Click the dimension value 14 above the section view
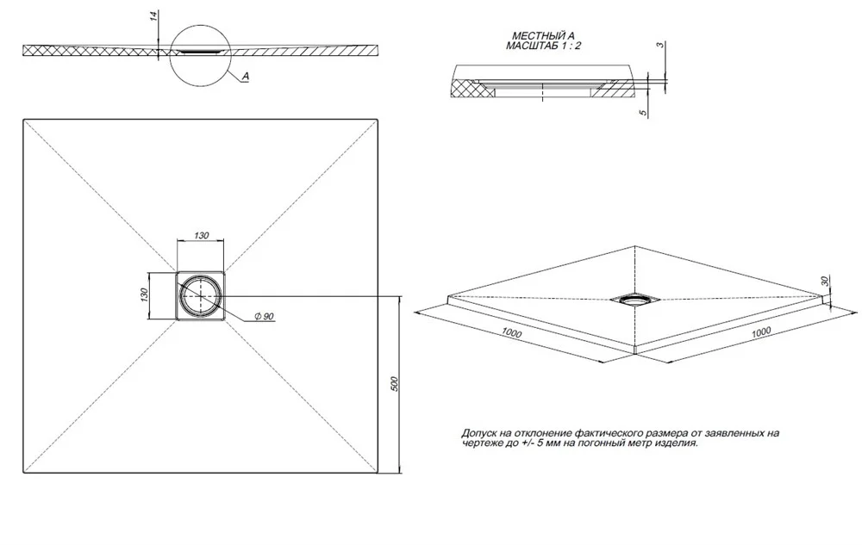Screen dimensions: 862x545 point(155,15)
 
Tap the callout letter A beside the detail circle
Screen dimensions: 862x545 point(245,77)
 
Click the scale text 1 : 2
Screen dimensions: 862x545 point(572,46)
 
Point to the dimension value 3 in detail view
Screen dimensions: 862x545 point(660,45)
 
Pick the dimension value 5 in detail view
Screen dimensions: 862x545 point(643,113)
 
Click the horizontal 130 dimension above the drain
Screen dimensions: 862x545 point(201,235)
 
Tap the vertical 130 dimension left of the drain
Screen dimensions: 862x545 point(145,294)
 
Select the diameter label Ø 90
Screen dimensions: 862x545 point(265,317)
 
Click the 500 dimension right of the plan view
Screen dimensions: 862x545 point(394,384)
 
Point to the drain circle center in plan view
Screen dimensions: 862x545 point(201,296)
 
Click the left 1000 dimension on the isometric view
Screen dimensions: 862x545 point(511,333)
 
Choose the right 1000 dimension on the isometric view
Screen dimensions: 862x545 point(761,331)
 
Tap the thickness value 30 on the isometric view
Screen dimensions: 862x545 point(824,281)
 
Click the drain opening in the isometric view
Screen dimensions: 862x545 point(635,299)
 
